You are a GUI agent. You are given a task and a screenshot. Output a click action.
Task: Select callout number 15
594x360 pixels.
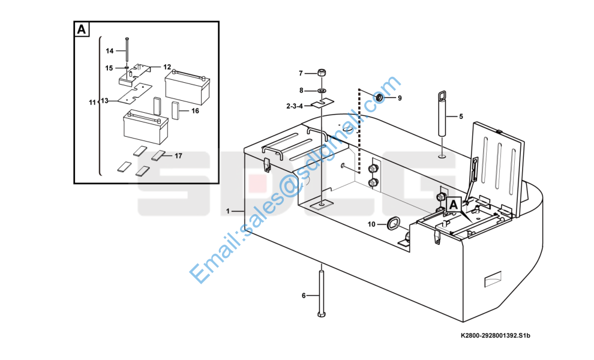coord(109,68)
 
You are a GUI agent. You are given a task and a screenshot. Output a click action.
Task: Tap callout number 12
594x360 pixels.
coord(167,67)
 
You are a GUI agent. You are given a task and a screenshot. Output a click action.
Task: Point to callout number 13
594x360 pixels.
coord(105,101)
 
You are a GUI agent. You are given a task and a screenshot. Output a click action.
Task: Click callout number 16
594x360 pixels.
coord(195,110)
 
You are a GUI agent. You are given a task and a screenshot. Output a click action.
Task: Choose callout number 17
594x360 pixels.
coord(178,156)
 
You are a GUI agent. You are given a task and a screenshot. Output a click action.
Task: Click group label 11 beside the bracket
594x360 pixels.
coord(92,103)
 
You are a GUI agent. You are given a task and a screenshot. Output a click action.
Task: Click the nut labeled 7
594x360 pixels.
coord(322,74)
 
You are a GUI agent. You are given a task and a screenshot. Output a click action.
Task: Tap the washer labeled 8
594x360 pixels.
coord(322,91)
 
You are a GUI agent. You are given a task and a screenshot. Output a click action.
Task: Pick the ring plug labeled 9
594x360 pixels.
coord(380,97)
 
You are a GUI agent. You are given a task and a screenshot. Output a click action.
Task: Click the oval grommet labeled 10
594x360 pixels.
coord(393,223)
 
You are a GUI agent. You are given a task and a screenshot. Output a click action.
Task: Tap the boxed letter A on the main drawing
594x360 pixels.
coord(454,205)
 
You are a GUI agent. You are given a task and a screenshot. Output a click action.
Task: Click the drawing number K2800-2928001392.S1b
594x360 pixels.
coord(495,335)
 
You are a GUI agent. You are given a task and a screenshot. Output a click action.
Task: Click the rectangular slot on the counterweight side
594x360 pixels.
coord(494,279)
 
